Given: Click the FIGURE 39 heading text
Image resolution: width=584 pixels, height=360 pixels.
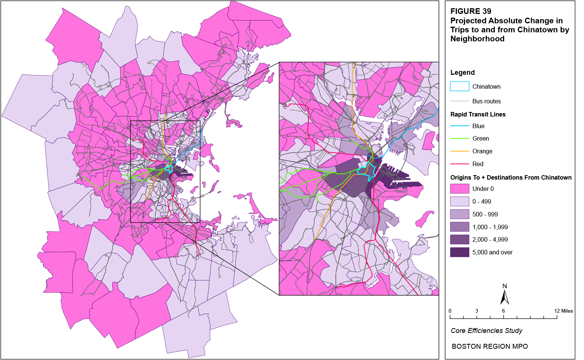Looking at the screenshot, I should point(471,11).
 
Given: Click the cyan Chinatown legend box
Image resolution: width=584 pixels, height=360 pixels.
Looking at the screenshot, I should point(460,86).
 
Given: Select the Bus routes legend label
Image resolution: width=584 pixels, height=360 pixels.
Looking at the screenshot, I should point(486,101).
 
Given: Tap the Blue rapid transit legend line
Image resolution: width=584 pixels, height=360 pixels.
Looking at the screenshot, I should point(460,126).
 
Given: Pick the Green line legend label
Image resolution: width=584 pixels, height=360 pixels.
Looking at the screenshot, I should point(481,139).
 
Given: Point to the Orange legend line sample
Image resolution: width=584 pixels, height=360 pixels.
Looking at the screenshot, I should point(460,151).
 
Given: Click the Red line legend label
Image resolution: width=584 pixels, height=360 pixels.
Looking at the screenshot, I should point(478,164).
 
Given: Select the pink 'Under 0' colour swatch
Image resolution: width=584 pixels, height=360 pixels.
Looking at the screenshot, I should point(460,189).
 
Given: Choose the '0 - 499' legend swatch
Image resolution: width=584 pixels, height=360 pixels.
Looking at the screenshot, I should point(460,201).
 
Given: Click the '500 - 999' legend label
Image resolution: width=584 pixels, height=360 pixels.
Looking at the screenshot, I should point(485,214).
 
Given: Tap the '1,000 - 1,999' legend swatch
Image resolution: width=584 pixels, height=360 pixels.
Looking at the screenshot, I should point(460,227).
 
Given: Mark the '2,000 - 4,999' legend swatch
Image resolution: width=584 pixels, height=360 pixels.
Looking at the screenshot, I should point(460,239).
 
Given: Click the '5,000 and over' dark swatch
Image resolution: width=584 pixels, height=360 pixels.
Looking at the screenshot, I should point(460,252).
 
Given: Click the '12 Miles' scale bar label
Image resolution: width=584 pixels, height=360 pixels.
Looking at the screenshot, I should point(563,311).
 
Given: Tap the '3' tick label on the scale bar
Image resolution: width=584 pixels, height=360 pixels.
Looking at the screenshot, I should point(476,311).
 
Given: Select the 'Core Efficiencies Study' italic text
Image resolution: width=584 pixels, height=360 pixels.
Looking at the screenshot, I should point(486,331).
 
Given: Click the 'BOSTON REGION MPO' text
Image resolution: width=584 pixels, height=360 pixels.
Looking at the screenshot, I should point(490,346).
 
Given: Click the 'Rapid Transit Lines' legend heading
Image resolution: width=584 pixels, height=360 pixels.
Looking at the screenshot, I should point(478,114).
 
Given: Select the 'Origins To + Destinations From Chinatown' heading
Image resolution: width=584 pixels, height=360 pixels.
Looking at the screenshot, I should point(511,177).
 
